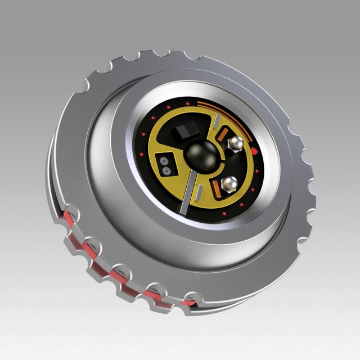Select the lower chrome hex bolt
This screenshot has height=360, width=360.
[x=229, y=182]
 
